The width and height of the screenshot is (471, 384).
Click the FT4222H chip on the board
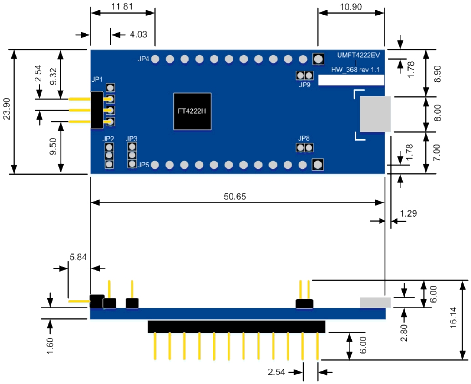click(192, 111)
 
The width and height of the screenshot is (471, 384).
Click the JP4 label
click(144, 59)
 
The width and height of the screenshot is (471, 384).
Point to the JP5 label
click(144, 164)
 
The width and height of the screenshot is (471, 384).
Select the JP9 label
click(304, 85)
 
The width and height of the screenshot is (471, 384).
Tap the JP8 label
click(304, 138)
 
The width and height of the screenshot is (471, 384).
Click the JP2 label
click(108, 138)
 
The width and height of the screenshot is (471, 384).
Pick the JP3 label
click(132, 138)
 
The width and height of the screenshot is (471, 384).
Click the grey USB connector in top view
click(376, 114)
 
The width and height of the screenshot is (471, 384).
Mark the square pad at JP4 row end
click(318, 59)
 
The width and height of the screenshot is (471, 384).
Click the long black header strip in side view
click(237, 327)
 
